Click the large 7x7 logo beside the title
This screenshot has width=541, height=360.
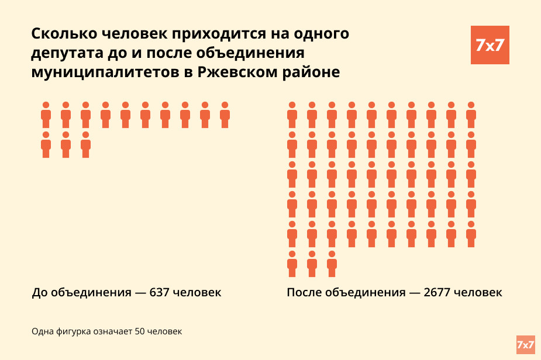(x=490, y=45)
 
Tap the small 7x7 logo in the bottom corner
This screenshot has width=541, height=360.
(x=525, y=345)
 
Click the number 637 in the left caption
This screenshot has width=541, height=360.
(x=160, y=292)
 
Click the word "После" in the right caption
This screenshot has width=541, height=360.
(x=304, y=292)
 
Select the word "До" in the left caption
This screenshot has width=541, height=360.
(x=39, y=292)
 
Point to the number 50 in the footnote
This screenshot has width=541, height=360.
(x=140, y=332)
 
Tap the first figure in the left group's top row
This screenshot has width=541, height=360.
(x=46, y=115)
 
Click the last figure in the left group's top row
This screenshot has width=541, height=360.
(x=225, y=115)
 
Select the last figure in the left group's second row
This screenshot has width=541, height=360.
(x=85, y=145)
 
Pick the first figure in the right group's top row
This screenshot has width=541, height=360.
(x=292, y=115)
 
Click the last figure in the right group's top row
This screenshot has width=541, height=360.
(x=471, y=115)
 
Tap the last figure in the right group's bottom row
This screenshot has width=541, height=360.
(x=332, y=264)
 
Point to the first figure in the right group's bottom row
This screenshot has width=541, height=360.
(x=292, y=264)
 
